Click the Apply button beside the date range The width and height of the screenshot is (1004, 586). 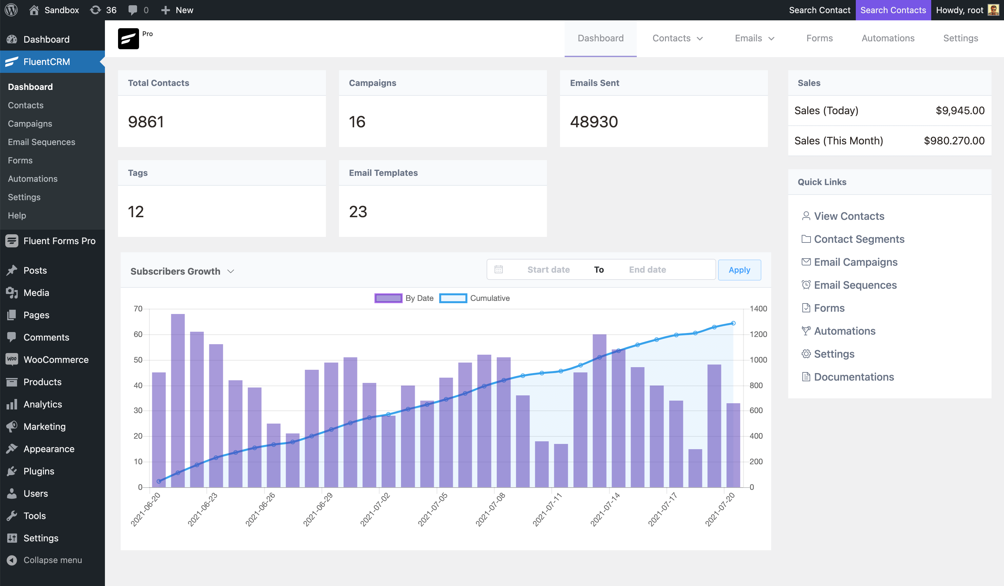pyautogui.click(x=739, y=270)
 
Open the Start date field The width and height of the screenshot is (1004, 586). pyautogui.click(x=548, y=270)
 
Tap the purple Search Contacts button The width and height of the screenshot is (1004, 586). pyautogui.click(x=893, y=10)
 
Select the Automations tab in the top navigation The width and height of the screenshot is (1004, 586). pyautogui.click(x=888, y=38)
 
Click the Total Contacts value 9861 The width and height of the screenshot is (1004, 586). pyautogui.click(x=146, y=122)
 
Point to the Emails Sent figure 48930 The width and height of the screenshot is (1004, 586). pyautogui.click(x=593, y=122)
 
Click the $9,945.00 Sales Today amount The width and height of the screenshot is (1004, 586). pyautogui.click(x=960, y=111)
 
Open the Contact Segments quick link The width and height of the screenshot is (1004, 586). pyautogui.click(x=859, y=239)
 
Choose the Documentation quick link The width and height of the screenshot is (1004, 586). pyautogui.click(x=853, y=377)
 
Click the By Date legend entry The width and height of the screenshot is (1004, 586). pyautogui.click(x=404, y=298)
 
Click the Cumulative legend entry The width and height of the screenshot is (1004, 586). pyautogui.click(x=474, y=298)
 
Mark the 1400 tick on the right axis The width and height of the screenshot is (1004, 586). pyautogui.click(x=758, y=308)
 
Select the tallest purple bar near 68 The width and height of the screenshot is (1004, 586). pyautogui.click(x=178, y=399)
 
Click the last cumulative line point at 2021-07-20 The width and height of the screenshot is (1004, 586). pyautogui.click(x=733, y=323)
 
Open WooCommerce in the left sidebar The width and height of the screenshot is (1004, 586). pyautogui.click(x=56, y=360)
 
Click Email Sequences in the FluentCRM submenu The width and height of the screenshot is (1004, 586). pyautogui.click(x=41, y=142)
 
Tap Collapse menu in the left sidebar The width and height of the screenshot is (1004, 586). pyautogui.click(x=52, y=560)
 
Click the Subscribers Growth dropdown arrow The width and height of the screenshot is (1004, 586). pyautogui.click(x=231, y=271)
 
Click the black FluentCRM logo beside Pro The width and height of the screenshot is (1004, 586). pyautogui.click(x=128, y=39)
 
